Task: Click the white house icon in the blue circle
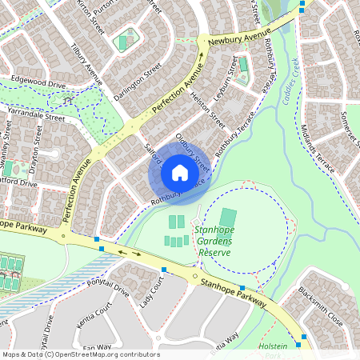[180, 173]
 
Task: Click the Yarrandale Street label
[33, 116]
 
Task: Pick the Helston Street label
[207, 110]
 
